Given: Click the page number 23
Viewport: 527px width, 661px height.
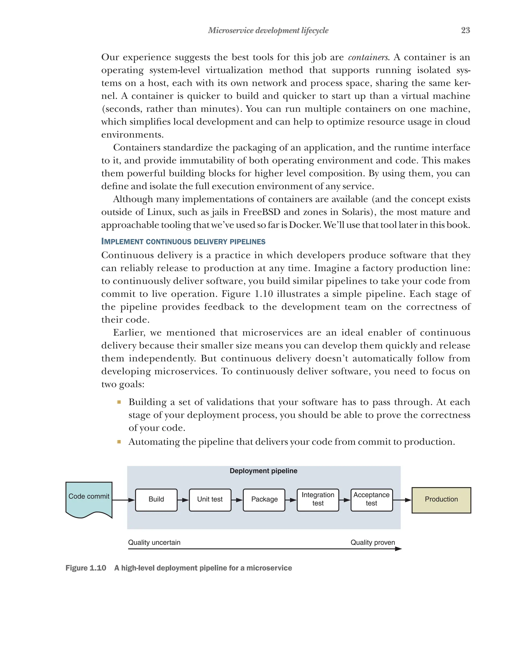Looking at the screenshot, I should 465,30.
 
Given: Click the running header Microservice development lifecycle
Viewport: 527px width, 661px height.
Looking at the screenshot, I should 268,30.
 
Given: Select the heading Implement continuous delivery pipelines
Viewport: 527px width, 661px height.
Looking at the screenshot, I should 183,242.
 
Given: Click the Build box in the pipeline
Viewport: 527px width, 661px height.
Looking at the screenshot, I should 156,500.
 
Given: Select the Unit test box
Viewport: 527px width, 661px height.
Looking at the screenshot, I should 210,500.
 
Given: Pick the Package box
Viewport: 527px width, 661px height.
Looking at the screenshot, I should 264,500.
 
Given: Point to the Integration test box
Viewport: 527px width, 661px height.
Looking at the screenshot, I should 318,500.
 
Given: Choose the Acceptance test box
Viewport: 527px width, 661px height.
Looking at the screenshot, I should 371,500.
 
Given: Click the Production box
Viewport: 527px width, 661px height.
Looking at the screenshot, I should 441,500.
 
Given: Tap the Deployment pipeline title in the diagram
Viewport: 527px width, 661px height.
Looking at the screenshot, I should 263,471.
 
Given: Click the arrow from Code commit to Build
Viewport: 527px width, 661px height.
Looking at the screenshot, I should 124,500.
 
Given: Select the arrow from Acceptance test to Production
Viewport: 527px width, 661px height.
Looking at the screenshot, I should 402,500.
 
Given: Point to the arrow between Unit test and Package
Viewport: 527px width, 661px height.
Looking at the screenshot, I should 237,500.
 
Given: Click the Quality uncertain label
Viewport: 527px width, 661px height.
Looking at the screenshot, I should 154,542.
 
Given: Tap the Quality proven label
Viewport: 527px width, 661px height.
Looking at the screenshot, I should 373,542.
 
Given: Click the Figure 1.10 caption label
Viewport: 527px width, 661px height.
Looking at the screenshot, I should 86,568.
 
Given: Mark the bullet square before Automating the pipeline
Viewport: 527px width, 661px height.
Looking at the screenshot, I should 119,442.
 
